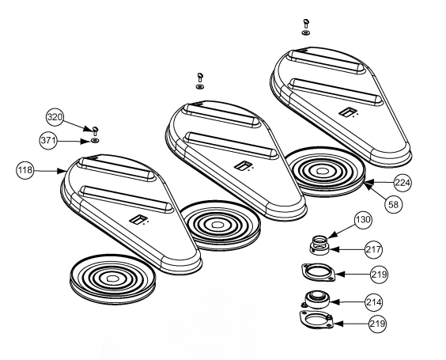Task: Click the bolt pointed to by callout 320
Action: [95, 128]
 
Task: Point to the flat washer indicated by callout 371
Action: [95, 138]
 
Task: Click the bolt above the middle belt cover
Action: [200, 77]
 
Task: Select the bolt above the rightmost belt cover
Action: [305, 23]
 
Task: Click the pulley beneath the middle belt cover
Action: [217, 225]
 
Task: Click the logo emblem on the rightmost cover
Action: [345, 116]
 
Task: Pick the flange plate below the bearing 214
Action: [318, 323]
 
